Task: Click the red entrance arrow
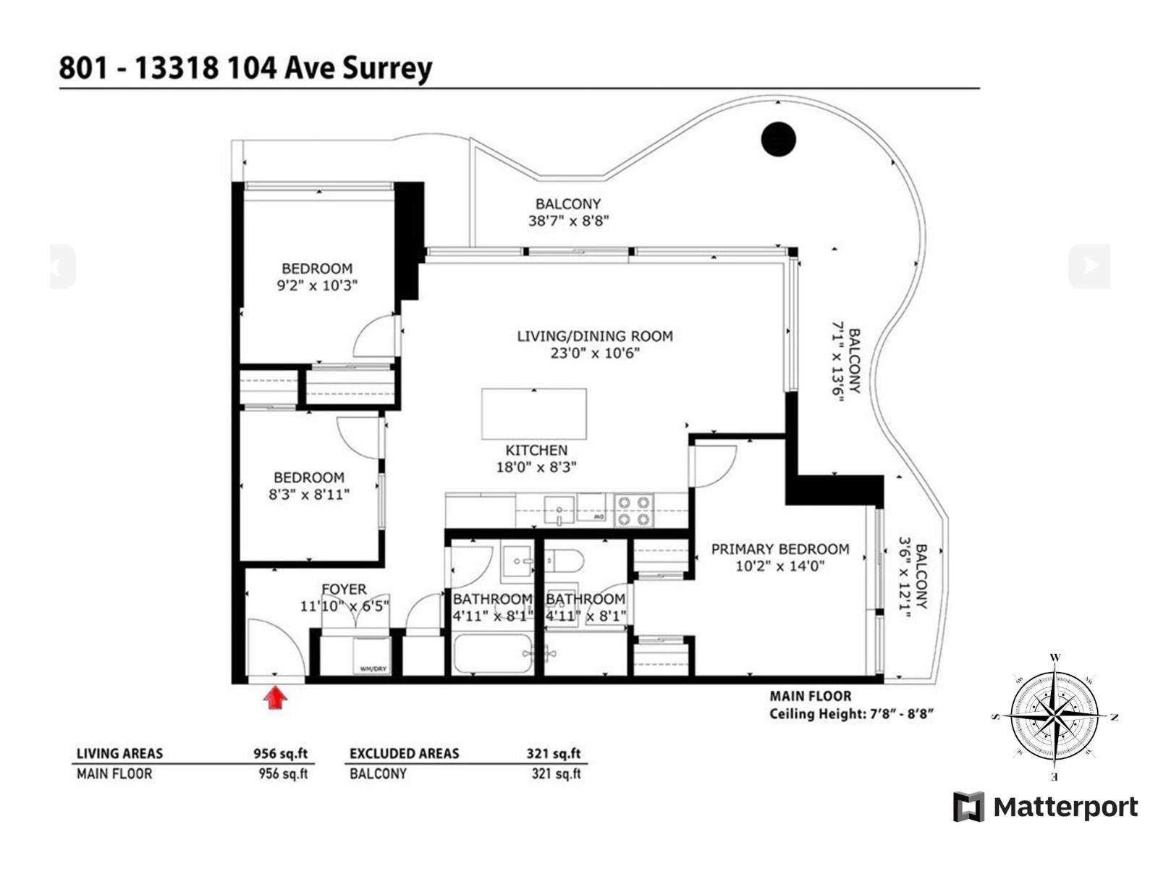[275, 698]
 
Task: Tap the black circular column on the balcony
[779, 139]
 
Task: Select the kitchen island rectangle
[534, 413]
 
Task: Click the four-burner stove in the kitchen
[634, 511]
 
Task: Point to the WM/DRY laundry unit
[371, 657]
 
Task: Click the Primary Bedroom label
[779, 550]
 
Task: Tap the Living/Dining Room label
[595, 336]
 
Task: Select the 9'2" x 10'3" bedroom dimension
[317, 286]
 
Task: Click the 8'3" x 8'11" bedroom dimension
[309, 495]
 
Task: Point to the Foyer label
[344, 589]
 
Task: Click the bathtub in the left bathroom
[492, 654]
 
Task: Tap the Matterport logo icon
[968, 807]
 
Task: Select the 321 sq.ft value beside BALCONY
[556, 774]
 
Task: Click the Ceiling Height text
[851, 714]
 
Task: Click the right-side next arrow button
[1089, 266]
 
